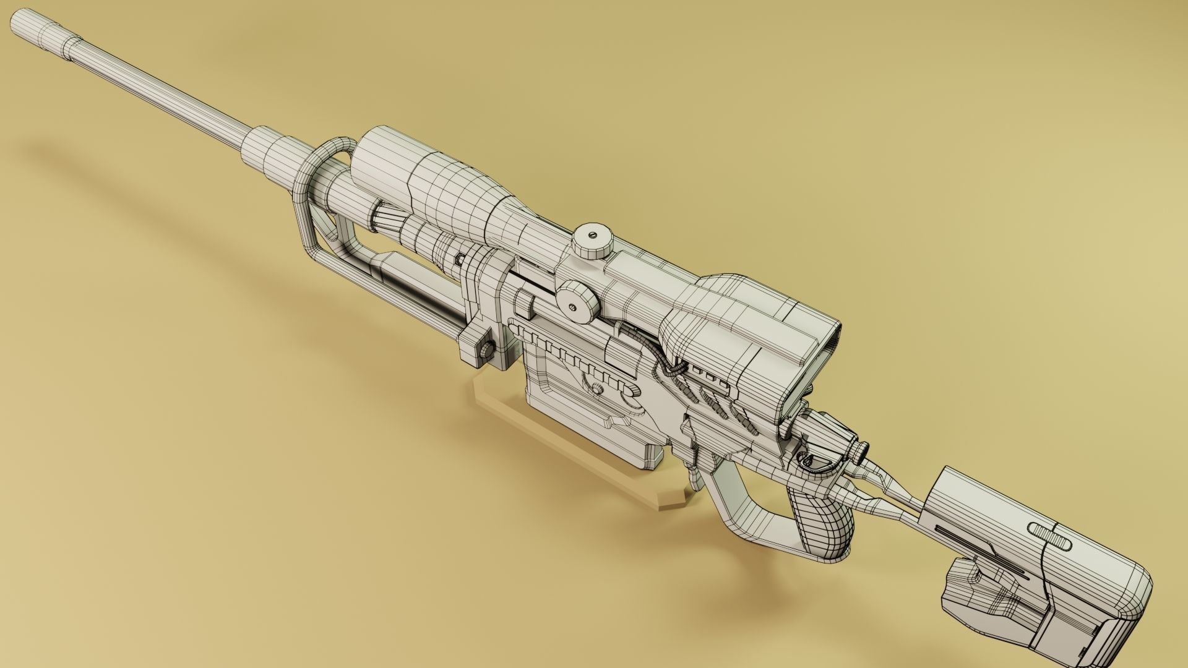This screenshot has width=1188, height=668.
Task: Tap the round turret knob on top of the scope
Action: (x=592, y=240)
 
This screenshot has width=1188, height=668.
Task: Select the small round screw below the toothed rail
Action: (x=597, y=389)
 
